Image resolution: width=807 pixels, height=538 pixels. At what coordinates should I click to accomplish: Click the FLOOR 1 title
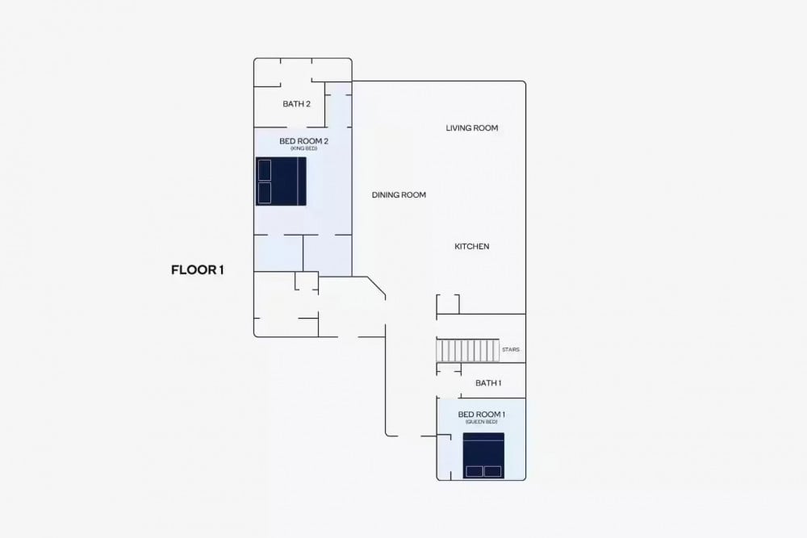[x=197, y=270]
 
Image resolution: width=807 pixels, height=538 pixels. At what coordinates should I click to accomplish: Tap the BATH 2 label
[x=296, y=104]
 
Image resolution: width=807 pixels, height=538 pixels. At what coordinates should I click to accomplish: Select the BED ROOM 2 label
[x=303, y=141]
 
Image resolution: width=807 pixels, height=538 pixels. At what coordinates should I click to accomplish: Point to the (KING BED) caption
[x=303, y=148]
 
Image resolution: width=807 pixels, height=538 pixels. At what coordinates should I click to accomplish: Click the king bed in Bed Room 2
[x=281, y=181]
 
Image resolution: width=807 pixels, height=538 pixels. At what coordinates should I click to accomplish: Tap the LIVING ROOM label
[x=472, y=128]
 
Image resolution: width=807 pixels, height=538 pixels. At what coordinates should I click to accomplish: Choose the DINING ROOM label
[x=399, y=195]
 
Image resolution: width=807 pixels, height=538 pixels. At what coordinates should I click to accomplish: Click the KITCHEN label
[x=472, y=246]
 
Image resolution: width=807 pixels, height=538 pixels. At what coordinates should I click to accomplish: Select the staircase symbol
[x=468, y=350]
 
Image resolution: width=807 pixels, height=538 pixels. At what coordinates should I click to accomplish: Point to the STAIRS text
[x=511, y=350]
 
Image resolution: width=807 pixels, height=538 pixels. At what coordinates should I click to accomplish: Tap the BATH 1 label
[x=488, y=383]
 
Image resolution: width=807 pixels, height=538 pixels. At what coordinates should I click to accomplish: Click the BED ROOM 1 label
[x=482, y=415]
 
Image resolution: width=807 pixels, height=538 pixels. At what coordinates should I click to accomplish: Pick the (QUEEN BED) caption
[x=482, y=423]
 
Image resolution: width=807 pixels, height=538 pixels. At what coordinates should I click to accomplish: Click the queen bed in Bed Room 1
[x=483, y=456]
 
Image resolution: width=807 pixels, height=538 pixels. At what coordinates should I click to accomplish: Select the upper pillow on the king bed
[x=265, y=170]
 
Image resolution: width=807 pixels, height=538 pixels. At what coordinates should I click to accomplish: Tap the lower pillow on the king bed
[x=265, y=193]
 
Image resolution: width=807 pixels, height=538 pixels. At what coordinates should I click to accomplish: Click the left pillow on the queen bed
[x=474, y=471]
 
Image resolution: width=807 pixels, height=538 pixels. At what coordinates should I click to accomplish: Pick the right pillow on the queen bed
[x=492, y=471]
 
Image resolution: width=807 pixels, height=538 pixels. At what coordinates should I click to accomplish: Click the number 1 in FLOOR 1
[x=221, y=270]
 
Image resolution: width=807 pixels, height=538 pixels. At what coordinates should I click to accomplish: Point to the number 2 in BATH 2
[x=307, y=104]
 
